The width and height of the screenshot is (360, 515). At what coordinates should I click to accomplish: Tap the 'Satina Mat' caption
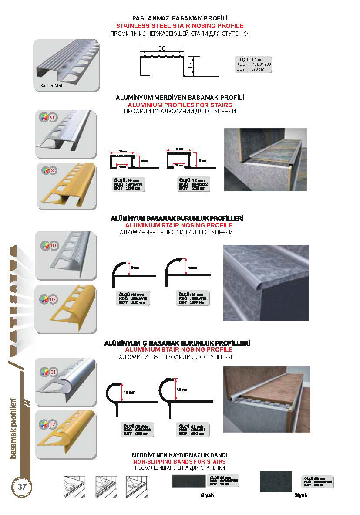(48, 85)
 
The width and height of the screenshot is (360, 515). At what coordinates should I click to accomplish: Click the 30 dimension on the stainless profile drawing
(161, 49)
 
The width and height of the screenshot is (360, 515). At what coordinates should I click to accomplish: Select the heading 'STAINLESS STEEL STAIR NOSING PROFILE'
(179, 26)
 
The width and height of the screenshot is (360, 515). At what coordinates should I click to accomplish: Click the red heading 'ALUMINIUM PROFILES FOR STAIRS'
(179, 105)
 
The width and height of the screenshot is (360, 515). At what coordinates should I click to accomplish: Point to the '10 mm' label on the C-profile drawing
(129, 393)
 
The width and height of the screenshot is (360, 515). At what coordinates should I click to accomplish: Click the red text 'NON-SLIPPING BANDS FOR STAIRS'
(179, 461)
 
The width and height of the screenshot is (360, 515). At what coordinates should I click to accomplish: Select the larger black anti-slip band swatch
(276, 481)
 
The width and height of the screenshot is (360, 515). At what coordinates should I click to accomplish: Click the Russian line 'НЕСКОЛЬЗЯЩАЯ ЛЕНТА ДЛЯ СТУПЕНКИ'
(179, 468)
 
